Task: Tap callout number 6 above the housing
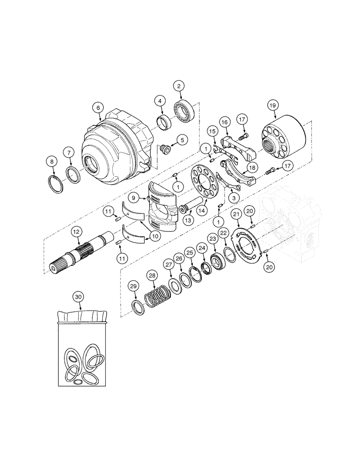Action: point(97,107)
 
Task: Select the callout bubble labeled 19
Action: point(272,105)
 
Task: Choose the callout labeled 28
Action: point(152,276)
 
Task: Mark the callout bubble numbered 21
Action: point(237,213)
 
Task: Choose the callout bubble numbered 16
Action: point(225,122)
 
